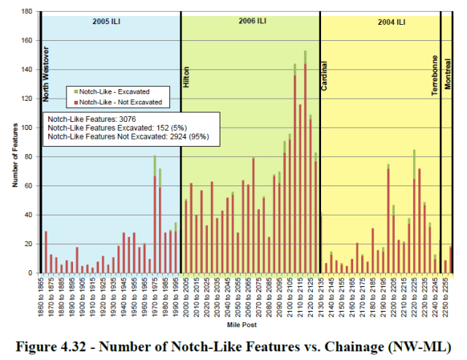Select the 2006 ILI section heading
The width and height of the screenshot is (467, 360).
point(251,22)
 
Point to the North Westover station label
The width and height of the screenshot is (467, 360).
point(46,73)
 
